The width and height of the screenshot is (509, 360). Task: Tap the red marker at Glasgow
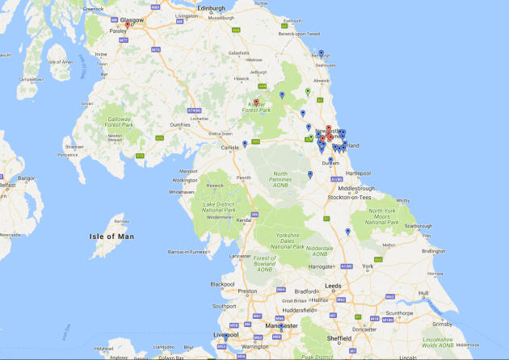pos(127,25)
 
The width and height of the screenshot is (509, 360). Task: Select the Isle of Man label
pos(112,237)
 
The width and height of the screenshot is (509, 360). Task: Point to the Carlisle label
pos(231,148)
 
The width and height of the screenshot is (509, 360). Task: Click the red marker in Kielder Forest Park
pos(256,103)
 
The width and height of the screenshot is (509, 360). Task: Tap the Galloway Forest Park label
pos(118,121)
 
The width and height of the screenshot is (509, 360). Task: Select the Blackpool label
pos(221,284)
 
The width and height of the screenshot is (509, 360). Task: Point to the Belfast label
pos(8,185)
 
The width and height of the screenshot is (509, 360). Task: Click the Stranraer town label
pos(74,148)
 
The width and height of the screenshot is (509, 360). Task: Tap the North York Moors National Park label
pos(383,216)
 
